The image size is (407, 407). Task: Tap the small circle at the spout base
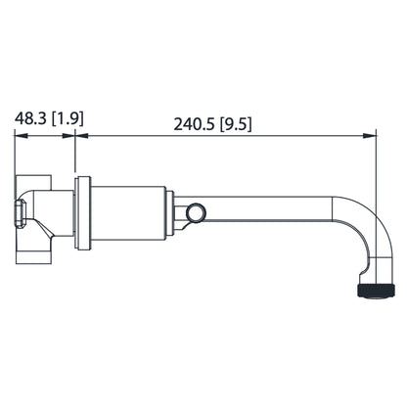(x=196, y=212)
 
